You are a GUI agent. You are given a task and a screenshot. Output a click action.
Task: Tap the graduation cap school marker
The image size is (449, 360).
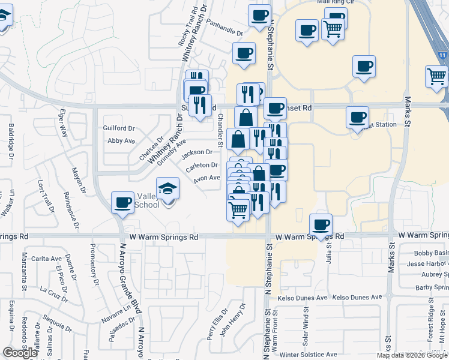coord(167,189)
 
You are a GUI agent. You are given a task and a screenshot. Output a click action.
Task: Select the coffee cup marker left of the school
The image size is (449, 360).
coord(123,202)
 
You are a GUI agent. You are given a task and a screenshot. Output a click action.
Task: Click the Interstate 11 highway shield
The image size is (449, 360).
coord(442,55)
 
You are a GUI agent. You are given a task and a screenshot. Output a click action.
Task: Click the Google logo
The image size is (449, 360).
coord(20,353)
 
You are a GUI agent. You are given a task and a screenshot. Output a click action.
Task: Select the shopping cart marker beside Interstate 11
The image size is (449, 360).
coord(436,76)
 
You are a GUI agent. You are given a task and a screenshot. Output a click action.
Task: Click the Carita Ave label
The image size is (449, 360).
coord(47,259)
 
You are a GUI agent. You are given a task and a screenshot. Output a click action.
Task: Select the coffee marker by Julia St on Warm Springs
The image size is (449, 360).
coord(321,224)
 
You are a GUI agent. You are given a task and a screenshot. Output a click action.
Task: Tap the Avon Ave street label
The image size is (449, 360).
coord(206,178)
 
